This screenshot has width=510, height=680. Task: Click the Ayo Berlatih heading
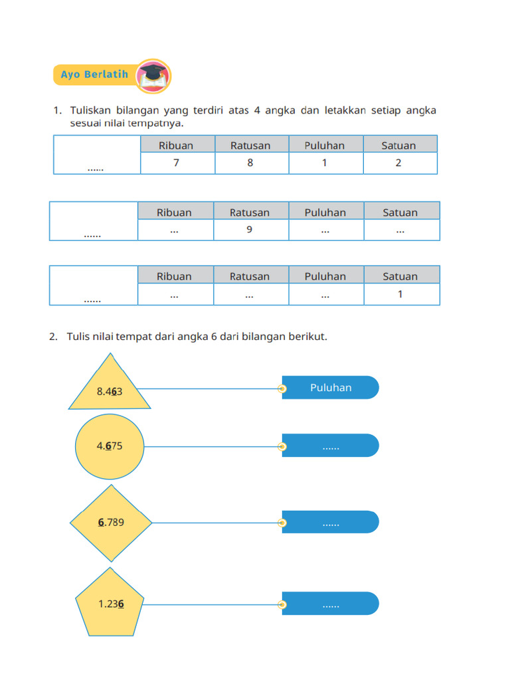click(x=94, y=74)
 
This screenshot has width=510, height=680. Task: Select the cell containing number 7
click(x=177, y=163)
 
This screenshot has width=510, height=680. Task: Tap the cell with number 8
click(x=250, y=163)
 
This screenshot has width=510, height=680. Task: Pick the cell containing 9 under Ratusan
click(x=250, y=230)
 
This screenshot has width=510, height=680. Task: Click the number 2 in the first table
click(x=398, y=163)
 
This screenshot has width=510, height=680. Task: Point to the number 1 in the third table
click(x=400, y=294)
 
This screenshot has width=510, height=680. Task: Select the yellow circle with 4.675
click(x=110, y=446)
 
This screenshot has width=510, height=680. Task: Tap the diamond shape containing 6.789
click(x=111, y=522)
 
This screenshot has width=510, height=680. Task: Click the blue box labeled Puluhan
click(x=331, y=388)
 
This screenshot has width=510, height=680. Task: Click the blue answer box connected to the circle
click(x=331, y=446)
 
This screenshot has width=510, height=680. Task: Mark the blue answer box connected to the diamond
click(x=331, y=522)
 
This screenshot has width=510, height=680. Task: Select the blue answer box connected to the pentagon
click(x=331, y=604)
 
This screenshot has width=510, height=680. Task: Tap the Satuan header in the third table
click(x=400, y=276)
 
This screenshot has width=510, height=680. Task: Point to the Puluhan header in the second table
click(x=325, y=212)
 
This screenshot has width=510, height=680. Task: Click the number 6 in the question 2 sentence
click(x=214, y=337)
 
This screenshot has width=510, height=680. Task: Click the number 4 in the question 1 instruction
click(x=257, y=110)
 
